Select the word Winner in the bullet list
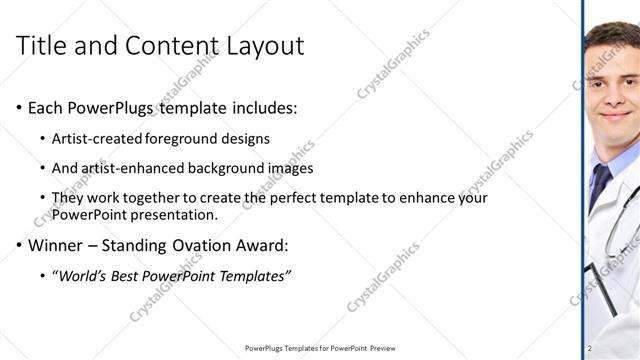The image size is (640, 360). (55, 245)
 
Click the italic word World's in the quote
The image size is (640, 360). (82, 275)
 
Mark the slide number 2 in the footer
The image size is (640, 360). (590, 348)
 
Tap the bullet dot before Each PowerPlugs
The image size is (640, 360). (19, 108)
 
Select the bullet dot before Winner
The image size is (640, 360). (19, 246)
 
